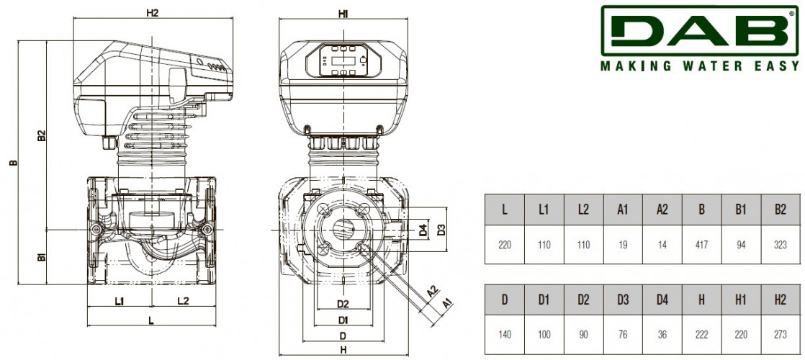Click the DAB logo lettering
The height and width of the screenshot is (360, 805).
coord(700,30)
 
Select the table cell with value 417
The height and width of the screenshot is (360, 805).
coord(701,245)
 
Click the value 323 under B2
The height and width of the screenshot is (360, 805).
coord(781,245)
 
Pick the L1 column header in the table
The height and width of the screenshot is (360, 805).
coord(544,210)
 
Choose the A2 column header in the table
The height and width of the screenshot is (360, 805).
coord(662,210)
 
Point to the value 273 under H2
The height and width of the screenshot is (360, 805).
coord(781,335)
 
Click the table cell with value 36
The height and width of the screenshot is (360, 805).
coord(662,335)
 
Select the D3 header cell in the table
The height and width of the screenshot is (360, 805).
coord(623,300)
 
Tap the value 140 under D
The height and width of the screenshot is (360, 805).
coord(505,335)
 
